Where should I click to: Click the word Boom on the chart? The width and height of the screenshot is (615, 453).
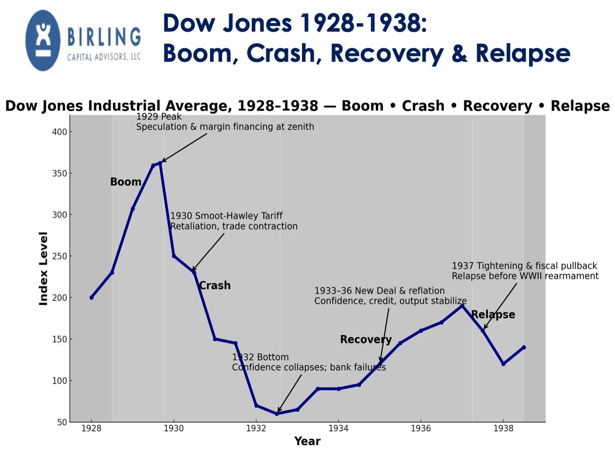[x=126, y=182]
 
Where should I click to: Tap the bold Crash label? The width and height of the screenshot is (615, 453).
[x=215, y=286]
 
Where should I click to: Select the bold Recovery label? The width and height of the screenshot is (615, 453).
[x=366, y=339]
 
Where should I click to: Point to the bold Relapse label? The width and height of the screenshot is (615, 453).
[x=493, y=315]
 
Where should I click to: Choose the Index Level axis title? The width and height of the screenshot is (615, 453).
[x=44, y=268]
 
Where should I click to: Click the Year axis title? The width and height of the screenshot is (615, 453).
[x=307, y=441]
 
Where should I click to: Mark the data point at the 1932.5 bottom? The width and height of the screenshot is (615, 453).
[x=277, y=414]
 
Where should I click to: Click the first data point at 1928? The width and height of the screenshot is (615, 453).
[x=91, y=297]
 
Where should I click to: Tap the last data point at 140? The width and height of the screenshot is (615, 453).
[x=524, y=347]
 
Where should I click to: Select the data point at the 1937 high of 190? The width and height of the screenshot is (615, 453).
[x=462, y=306]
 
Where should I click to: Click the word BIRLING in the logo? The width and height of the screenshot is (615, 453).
[x=104, y=38]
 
